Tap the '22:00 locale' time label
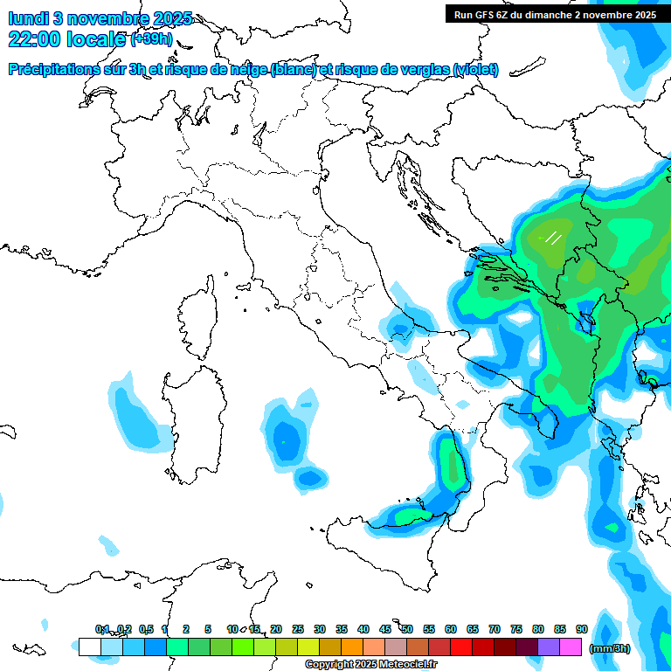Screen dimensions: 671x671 [x=66, y=39]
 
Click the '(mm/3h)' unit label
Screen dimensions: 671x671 [x=610, y=648]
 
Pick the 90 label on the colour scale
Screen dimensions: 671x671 [x=582, y=629]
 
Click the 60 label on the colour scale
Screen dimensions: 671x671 [x=451, y=629]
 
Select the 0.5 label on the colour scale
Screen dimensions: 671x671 [x=146, y=629]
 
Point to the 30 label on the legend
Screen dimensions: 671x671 [x=320, y=629]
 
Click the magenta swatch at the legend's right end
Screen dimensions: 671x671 [x=571, y=647]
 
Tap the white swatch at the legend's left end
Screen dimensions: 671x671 [x=89, y=647]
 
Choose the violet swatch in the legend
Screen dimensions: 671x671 [x=549, y=647]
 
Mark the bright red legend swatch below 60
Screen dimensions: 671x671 [x=461, y=647]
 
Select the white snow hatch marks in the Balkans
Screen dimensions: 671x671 [x=552, y=237]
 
